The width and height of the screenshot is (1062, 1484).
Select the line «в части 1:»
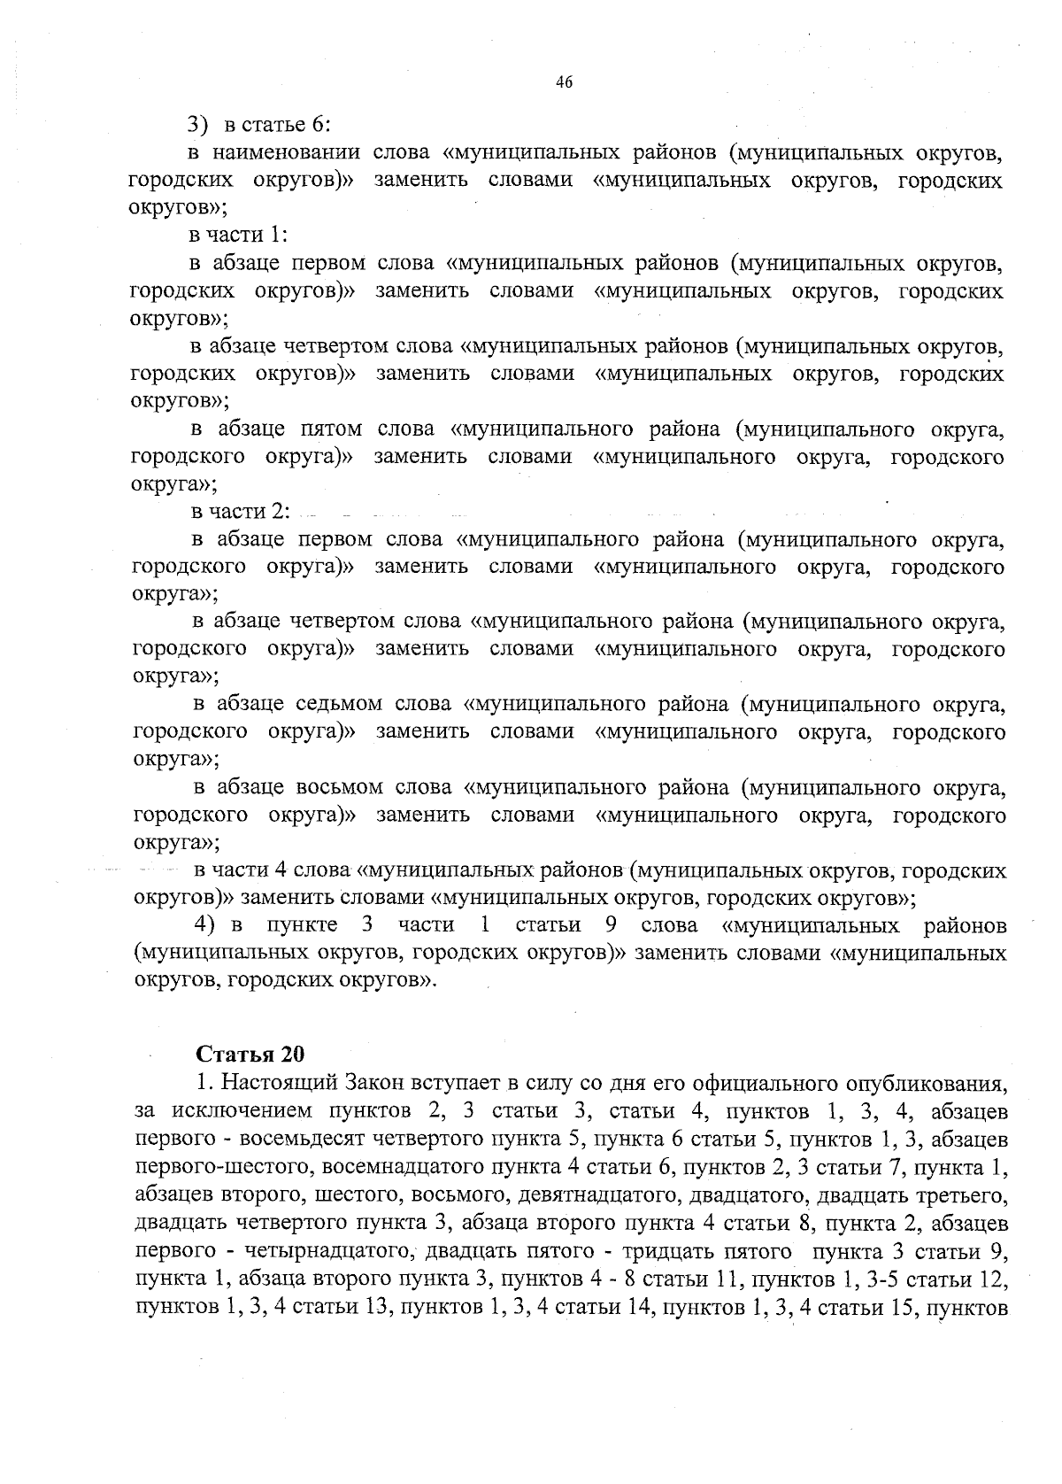tap(239, 235)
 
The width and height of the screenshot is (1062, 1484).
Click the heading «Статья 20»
tap(250, 1054)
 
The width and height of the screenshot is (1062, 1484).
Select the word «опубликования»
tap(927, 1083)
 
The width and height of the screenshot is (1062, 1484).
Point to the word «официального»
tap(774, 1083)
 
